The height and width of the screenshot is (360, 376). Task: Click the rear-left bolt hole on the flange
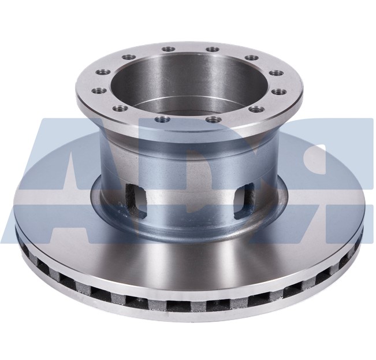point(168,49)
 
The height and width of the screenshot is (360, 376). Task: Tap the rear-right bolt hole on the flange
point(211,49)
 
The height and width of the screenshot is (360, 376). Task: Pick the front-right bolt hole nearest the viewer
point(214,120)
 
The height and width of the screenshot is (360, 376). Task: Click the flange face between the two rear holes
point(189,47)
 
